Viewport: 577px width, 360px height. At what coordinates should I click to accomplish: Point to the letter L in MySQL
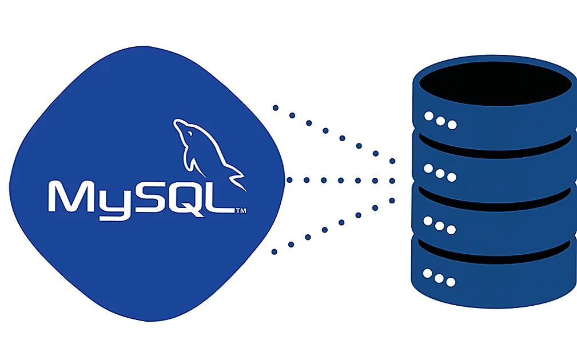click(220, 198)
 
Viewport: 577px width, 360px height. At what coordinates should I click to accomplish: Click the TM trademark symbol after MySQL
click(241, 211)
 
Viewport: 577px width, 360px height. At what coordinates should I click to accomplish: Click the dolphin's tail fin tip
click(242, 186)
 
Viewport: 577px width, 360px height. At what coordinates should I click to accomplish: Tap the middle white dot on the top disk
click(440, 121)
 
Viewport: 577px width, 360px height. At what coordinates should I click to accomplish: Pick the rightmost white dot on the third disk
click(451, 229)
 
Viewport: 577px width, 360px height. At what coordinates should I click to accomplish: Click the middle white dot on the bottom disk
click(439, 278)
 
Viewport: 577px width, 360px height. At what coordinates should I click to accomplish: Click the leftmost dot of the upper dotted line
click(276, 107)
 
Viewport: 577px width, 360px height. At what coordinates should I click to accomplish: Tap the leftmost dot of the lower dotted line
click(275, 251)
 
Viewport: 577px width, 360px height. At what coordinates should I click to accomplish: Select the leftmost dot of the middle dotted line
click(289, 180)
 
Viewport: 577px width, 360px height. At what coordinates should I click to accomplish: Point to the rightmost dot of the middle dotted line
click(392, 181)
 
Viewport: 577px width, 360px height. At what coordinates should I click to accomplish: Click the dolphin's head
click(182, 127)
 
